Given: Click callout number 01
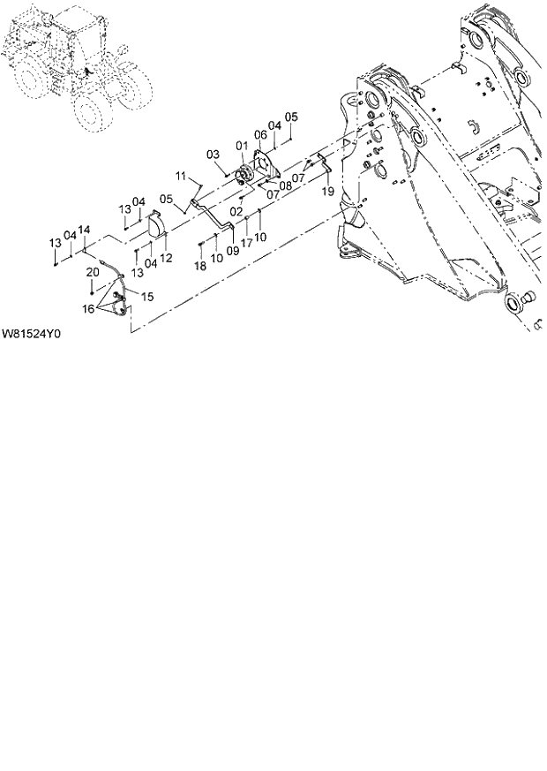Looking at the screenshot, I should [x=240, y=145].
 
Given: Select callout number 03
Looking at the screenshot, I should [x=213, y=155].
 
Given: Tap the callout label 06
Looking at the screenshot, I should [x=260, y=134].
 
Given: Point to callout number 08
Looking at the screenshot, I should [x=286, y=186].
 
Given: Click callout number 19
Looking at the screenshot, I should [x=326, y=191].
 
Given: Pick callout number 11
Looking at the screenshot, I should [x=181, y=177].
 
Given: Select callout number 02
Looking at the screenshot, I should [x=236, y=212].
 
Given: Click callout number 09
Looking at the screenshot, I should [x=233, y=251].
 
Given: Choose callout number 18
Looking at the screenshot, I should [x=200, y=265].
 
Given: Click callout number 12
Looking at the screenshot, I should [x=166, y=257].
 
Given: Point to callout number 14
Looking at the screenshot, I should [x=84, y=230].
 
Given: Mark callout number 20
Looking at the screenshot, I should [x=92, y=272].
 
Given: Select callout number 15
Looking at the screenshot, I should [x=146, y=297].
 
